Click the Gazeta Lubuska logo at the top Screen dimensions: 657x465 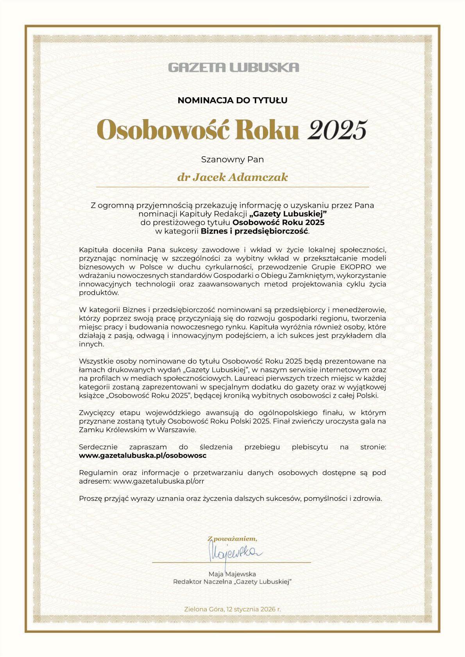coord(233,67)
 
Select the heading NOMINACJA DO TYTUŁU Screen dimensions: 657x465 coord(232,100)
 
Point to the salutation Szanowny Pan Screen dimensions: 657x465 coord(232,159)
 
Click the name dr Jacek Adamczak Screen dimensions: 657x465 coord(232,177)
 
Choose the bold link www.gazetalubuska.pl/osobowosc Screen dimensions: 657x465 coord(143,455)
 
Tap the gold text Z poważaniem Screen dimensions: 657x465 coord(232,539)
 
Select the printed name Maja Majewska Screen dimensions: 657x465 coord(232,574)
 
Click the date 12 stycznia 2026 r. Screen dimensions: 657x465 coord(254,609)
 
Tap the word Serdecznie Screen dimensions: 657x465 coord(98,447)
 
